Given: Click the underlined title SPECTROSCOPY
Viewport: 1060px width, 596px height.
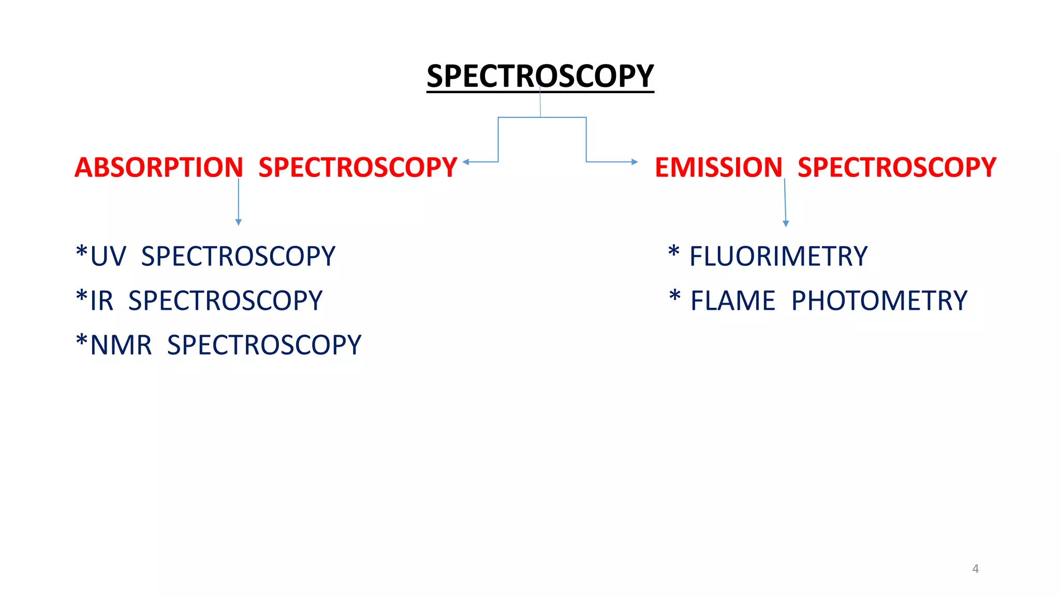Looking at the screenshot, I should (540, 76).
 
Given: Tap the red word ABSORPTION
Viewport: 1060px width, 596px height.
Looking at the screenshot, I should (158, 168).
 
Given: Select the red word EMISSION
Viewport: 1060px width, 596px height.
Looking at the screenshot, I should (718, 168).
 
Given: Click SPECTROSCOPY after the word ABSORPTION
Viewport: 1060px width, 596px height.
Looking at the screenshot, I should (358, 168).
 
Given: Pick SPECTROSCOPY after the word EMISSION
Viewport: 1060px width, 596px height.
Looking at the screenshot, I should (896, 168).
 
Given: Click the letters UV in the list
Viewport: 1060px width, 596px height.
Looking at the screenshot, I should (108, 257).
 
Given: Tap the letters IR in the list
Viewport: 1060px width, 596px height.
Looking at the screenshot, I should (102, 301).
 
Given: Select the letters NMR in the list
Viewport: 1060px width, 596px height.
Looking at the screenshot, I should (121, 346).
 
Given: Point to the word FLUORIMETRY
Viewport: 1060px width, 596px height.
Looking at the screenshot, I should (778, 257).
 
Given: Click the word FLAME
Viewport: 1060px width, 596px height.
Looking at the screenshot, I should (733, 301).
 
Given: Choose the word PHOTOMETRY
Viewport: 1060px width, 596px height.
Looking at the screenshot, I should (879, 301).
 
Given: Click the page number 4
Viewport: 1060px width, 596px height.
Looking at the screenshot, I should (975, 569).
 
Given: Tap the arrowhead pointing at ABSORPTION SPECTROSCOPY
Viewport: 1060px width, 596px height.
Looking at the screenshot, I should (466, 162).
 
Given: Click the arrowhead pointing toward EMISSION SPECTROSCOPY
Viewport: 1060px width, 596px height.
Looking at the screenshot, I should (635, 162).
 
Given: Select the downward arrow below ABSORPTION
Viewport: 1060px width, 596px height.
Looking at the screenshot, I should (238, 221).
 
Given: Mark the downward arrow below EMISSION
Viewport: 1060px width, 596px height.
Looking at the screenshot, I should (786, 223).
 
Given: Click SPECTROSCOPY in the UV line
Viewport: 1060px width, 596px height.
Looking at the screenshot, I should (238, 257).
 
